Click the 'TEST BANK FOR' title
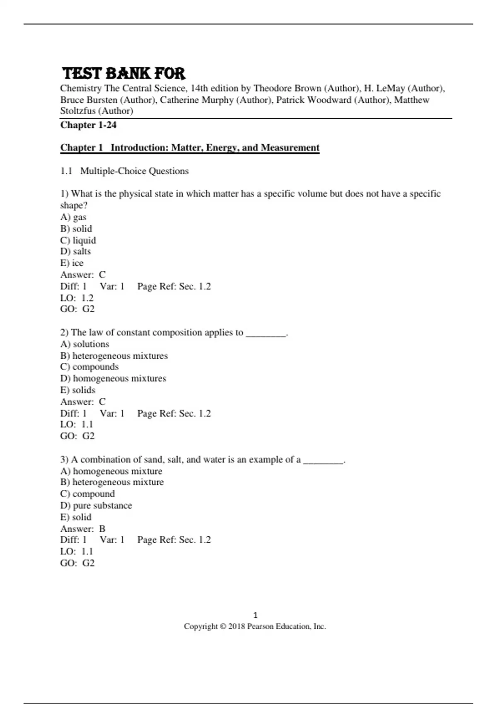coord(123,73)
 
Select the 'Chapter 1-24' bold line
coord(88,125)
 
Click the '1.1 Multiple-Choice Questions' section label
coord(124,171)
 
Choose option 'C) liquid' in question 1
coord(78,240)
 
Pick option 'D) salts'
coord(75,251)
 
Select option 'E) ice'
coord(72,263)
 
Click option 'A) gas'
coord(73,217)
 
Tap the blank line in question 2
coord(266,333)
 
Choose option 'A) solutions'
coord(85,344)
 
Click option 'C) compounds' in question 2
coord(89,367)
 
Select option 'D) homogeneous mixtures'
coord(113,379)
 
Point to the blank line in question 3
coord(323,460)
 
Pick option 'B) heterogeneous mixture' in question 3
coord(112,482)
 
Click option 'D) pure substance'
coord(96,506)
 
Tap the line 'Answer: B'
coord(83,529)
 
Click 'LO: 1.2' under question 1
coord(77,298)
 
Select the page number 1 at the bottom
coord(255,615)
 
